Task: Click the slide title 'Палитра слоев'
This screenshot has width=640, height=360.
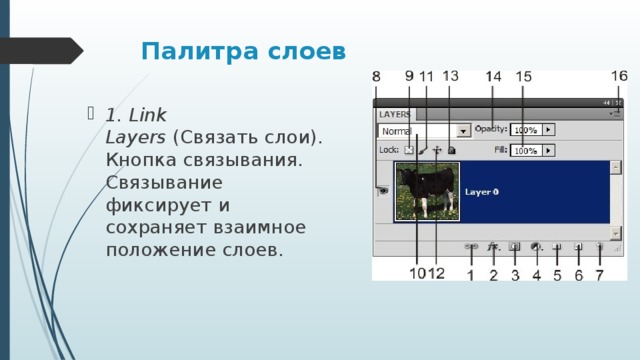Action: tap(243, 50)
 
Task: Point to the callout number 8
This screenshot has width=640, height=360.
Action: tap(376, 77)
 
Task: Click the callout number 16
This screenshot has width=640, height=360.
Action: tap(619, 76)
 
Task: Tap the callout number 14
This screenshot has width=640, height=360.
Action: tap(494, 77)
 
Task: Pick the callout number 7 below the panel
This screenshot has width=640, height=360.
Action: tap(599, 274)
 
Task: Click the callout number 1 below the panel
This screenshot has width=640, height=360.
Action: tap(470, 274)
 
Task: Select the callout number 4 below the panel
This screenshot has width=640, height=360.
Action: tap(536, 274)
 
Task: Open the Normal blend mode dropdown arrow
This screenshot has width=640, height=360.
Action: tap(463, 130)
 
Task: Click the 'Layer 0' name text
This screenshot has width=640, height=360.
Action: tap(482, 191)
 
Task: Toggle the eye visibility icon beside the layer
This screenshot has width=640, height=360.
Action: tap(382, 191)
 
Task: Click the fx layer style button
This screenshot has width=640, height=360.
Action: tap(492, 245)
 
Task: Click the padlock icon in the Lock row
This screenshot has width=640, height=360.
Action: tap(452, 151)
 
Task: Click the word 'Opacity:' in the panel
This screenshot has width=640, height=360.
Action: tap(491, 129)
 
